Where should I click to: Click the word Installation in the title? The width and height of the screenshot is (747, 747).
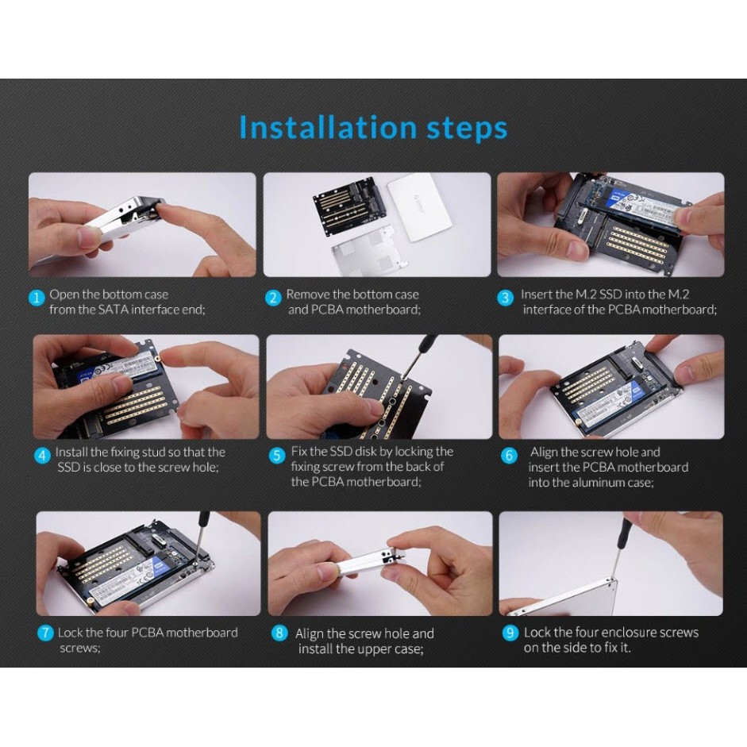coord(328,127)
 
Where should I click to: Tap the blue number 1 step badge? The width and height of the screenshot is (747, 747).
coord(37,298)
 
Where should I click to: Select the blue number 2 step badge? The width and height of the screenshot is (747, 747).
coord(273,298)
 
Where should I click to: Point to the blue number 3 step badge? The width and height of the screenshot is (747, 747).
coord(506,298)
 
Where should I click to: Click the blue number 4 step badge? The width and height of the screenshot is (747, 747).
coord(42,456)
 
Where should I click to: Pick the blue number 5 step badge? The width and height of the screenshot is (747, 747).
coord(277,456)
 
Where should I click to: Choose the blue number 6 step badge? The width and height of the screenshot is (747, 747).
coord(509,456)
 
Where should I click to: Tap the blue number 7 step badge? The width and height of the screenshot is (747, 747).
coord(45,633)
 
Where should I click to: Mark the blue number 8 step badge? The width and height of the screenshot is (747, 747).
coord(279,633)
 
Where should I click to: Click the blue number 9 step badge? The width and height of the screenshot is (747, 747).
coord(510,633)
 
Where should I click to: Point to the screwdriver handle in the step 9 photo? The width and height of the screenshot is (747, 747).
coord(623,533)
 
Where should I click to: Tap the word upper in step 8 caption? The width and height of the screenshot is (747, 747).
coord(368,650)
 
